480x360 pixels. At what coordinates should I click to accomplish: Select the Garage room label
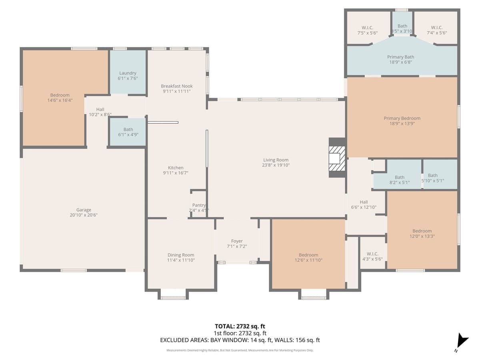tap(84, 210)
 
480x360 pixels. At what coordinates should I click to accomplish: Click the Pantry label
tap(199, 205)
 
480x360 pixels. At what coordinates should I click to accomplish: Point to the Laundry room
tap(128, 73)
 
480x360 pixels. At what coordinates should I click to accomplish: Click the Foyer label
tap(237, 241)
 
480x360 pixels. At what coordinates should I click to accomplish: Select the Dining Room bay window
tap(173, 296)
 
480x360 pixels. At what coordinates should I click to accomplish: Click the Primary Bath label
tap(400, 57)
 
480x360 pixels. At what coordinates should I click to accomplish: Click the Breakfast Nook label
tap(177, 86)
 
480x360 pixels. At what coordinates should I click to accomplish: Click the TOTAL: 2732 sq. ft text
tap(240, 326)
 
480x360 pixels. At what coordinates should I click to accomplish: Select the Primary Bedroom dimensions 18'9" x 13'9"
tap(402, 124)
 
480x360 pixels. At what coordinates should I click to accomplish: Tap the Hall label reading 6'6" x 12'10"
tap(364, 202)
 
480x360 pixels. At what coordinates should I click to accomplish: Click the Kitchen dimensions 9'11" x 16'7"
tap(176, 173)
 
